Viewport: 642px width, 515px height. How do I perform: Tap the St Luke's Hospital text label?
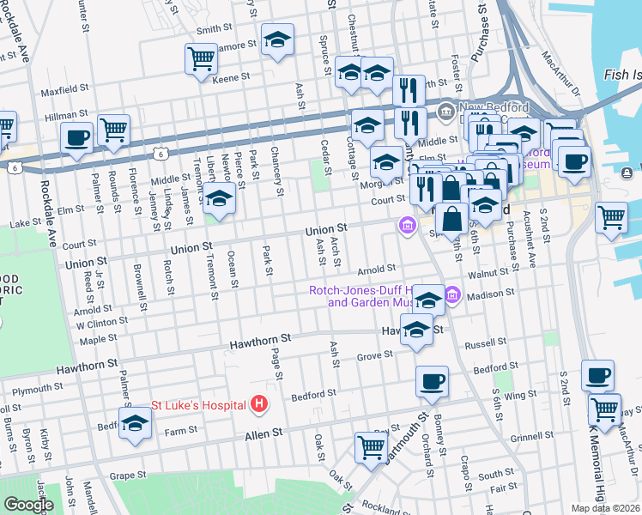pyautogui.click(x=200, y=403)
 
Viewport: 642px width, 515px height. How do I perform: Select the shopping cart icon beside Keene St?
pyautogui.click(x=201, y=58)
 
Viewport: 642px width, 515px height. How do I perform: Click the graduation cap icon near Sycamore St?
pyautogui.click(x=277, y=40)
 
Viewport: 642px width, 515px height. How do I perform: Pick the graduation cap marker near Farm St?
pyautogui.click(x=135, y=423)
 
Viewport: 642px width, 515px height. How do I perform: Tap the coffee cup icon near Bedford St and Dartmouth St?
pyautogui.click(x=433, y=380)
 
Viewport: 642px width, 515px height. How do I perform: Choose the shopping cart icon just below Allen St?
pyautogui.click(x=372, y=446)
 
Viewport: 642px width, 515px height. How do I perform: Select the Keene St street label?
pyautogui.click(x=231, y=77)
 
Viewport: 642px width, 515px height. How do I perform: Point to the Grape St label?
pyautogui.click(x=129, y=475)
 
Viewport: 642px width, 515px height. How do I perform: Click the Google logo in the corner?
pyautogui.click(x=28, y=504)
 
